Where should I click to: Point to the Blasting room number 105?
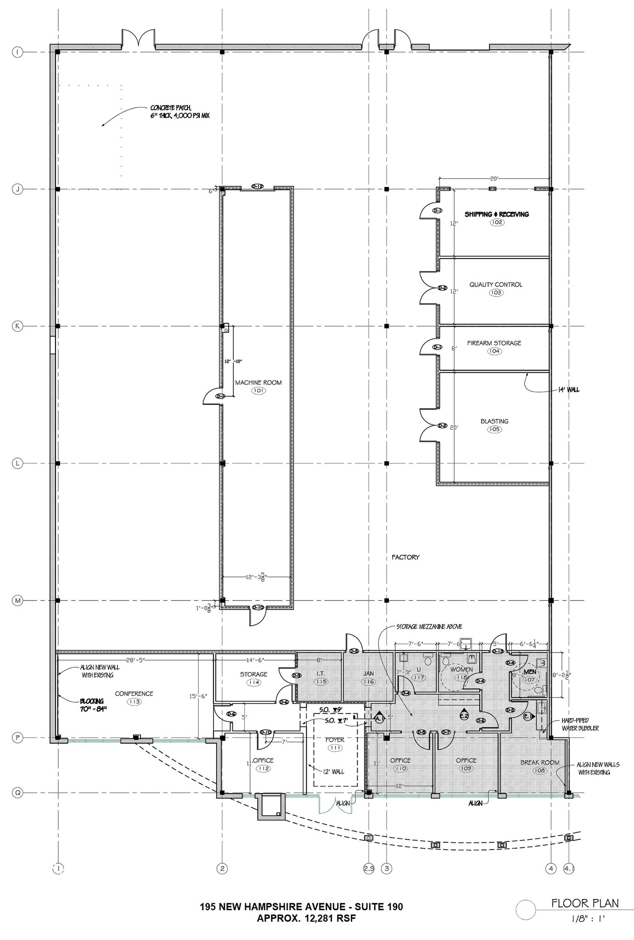point(494,430)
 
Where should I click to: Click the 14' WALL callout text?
point(568,390)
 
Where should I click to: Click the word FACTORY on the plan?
point(405,557)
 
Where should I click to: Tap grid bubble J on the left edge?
point(17,189)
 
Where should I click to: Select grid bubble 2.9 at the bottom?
point(369,868)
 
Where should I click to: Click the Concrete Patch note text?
point(180,112)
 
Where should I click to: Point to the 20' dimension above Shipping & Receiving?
point(494,179)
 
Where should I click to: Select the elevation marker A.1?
point(379,719)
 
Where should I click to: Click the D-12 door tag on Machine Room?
point(257,186)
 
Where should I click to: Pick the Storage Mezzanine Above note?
point(429,627)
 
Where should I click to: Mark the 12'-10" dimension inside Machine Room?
point(233,362)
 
